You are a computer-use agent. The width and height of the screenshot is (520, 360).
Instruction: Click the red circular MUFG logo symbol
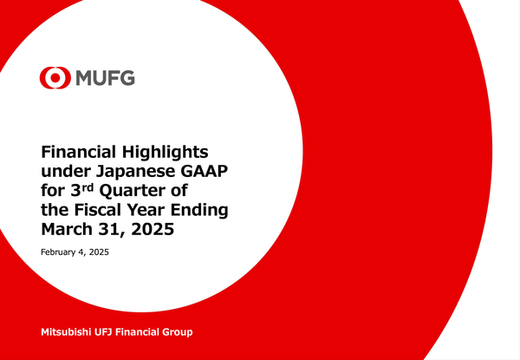53,79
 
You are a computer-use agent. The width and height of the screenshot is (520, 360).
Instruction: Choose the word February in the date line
62,252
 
